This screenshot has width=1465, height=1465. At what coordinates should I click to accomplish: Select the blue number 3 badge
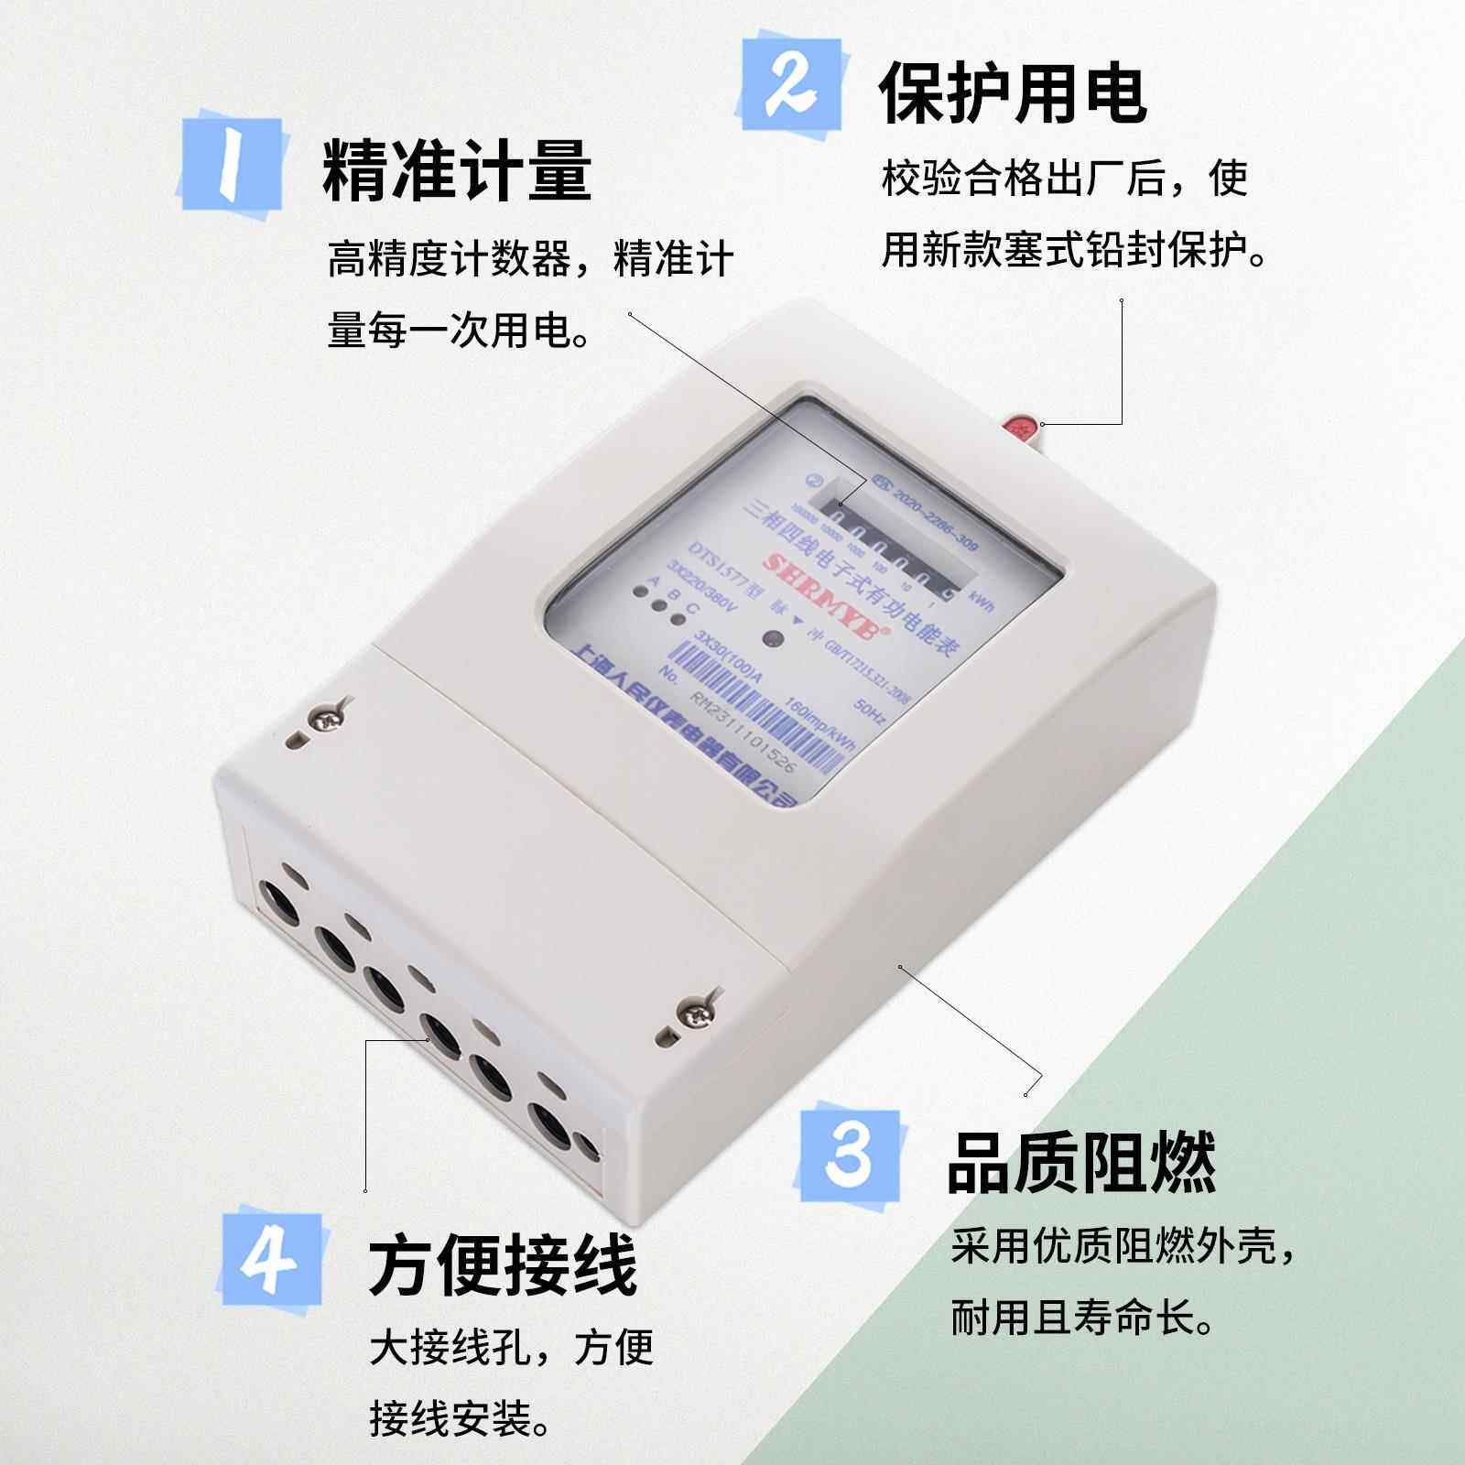point(849,1156)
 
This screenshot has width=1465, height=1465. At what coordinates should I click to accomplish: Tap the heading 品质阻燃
point(1080,1162)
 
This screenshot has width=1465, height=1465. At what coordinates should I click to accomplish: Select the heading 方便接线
point(503,1264)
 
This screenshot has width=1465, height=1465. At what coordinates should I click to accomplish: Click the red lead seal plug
point(1020,427)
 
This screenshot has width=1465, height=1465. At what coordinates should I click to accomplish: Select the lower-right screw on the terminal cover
point(695,1012)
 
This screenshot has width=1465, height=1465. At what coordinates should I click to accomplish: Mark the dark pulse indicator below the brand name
point(773,640)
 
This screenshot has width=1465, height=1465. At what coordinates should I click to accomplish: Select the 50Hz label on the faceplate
point(868,711)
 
